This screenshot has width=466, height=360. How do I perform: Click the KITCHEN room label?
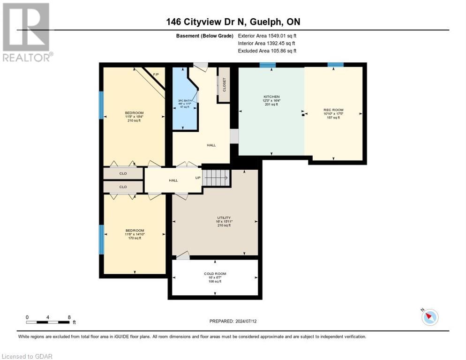pyautogui.click(x=271, y=97)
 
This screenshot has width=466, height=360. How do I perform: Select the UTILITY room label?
pyautogui.click(x=224, y=217)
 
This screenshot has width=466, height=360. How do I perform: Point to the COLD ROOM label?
pyautogui.click(x=215, y=273)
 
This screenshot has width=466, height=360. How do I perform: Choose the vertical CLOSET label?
pyautogui.click(x=224, y=84)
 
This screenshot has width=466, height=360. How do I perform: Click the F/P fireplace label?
pyautogui.click(x=156, y=74)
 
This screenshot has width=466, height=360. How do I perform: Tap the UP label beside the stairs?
pyautogui.click(x=198, y=178)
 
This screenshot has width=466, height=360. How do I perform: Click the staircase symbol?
pyautogui.click(x=217, y=178)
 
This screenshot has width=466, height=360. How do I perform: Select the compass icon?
pyautogui.click(x=429, y=317)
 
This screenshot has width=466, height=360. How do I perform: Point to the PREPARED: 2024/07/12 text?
pyautogui.click(x=233, y=321)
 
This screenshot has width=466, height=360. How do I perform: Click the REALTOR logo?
pyautogui.click(x=26, y=32)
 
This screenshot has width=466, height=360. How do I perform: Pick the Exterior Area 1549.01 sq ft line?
pyautogui.click(x=267, y=36)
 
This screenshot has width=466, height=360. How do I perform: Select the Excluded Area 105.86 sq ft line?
pyautogui.click(x=267, y=51)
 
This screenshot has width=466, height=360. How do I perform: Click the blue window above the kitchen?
pyautogui.click(x=267, y=65)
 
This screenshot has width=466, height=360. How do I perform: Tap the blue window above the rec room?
pyautogui.click(x=335, y=65)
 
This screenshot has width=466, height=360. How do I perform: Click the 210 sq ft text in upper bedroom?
pyautogui.click(x=134, y=120)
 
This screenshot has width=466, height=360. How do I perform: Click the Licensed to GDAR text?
pyautogui.click(x=27, y=356)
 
